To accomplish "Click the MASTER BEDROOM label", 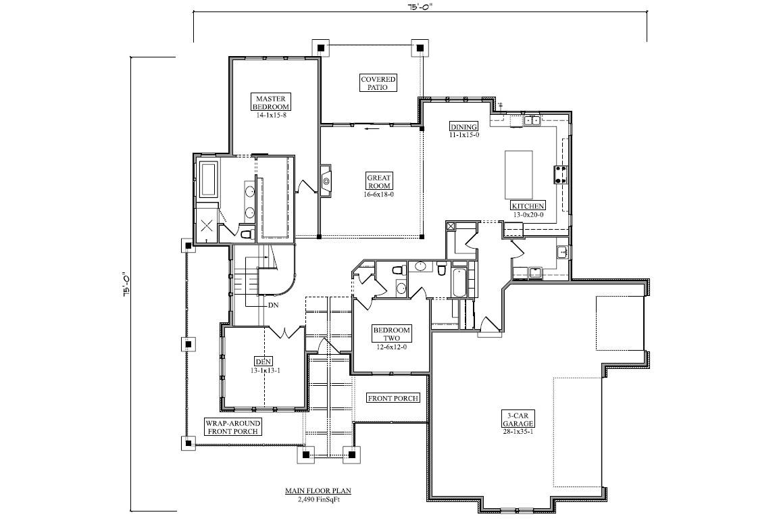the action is pyautogui.click(x=271, y=102).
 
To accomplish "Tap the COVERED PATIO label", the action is pyautogui.click(x=378, y=83).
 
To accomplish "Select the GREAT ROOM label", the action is pyautogui.click(x=379, y=181).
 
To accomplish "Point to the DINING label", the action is pyautogui.click(x=464, y=126).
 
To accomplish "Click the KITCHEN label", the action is pyautogui.click(x=528, y=205).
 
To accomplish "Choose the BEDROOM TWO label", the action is pyautogui.click(x=391, y=334).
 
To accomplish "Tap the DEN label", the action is pyautogui.click(x=263, y=362).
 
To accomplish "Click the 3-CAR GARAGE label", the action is pyautogui.click(x=518, y=419).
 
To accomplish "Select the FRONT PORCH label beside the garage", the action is pyautogui.click(x=393, y=398).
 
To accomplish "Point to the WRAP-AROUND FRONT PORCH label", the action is pyautogui.click(x=233, y=427).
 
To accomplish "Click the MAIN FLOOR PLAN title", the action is pyautogui.click(x=318, y=491).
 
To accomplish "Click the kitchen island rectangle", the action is pyautogui.click(x=519, y=175).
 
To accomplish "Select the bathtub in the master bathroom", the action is pyautogui.click(x=207, y=179).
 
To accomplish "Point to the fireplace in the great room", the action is pyautogui.click(x=326, y=181).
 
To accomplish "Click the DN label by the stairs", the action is pyautogui.click(x=273, y=305).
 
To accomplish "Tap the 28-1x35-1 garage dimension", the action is pyautogui.click(x=518, y=432).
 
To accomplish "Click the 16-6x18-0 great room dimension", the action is pyautogui.click(x=379, y=194).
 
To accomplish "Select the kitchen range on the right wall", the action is pyautogui.click(x=561, y=175).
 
